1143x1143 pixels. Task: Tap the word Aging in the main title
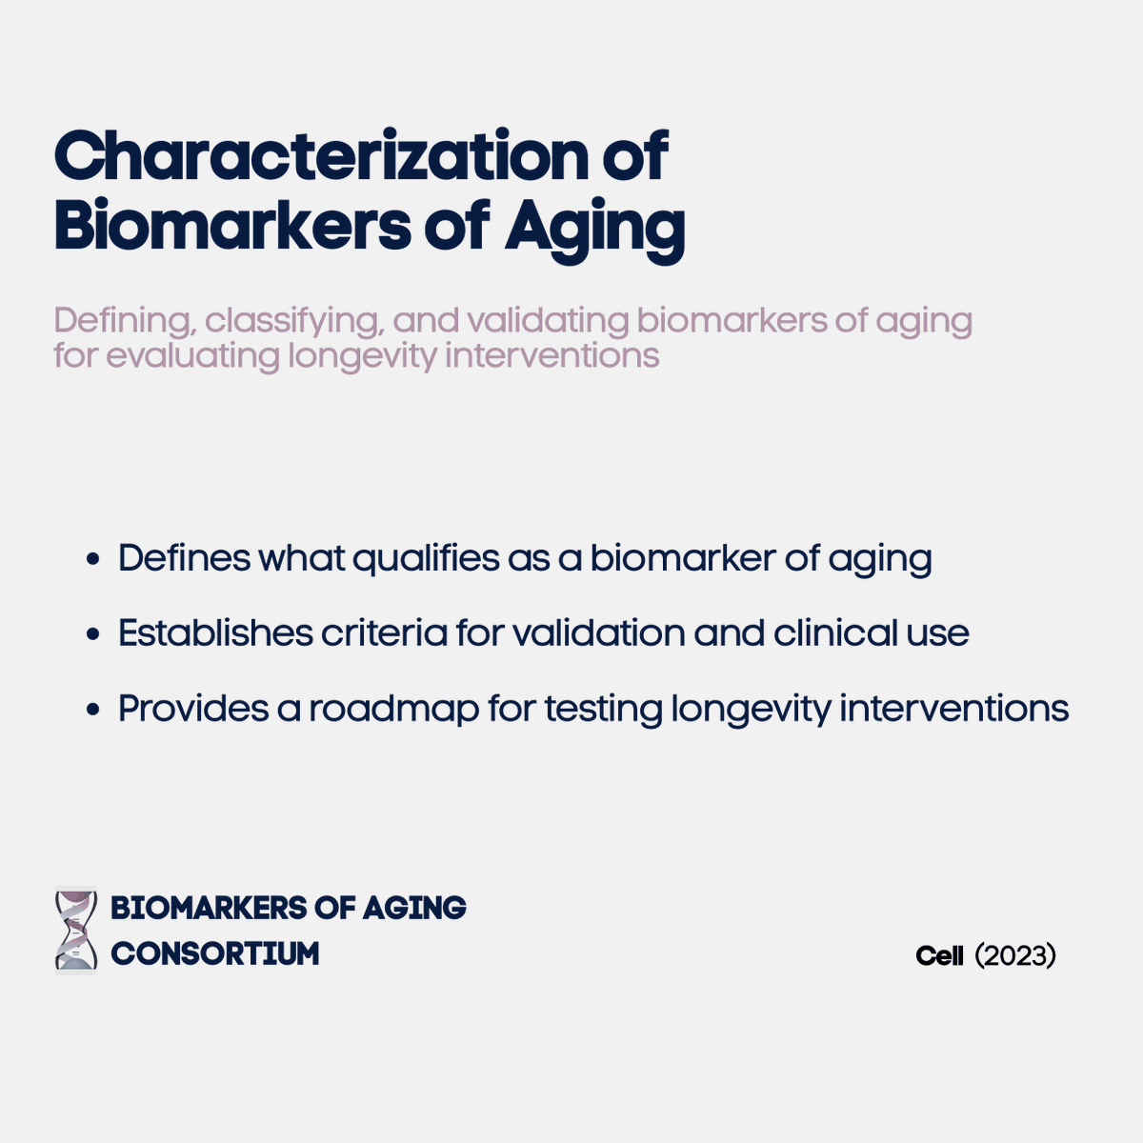(x=594, y=229)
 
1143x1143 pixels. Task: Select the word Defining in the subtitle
(x=124, y=321)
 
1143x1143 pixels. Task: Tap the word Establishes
(x=215, y=632)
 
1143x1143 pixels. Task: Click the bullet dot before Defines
(x=92, y=559)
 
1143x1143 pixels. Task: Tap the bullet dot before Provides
(x=92, y=710)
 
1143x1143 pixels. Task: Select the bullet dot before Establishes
(x=92, y=634)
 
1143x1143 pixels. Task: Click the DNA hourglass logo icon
(x=76, y=930)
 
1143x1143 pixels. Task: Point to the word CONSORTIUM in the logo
(x=215, y=953)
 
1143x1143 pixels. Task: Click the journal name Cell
(x=940, y=955)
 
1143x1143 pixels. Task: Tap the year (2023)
(x=1015, y=955)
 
